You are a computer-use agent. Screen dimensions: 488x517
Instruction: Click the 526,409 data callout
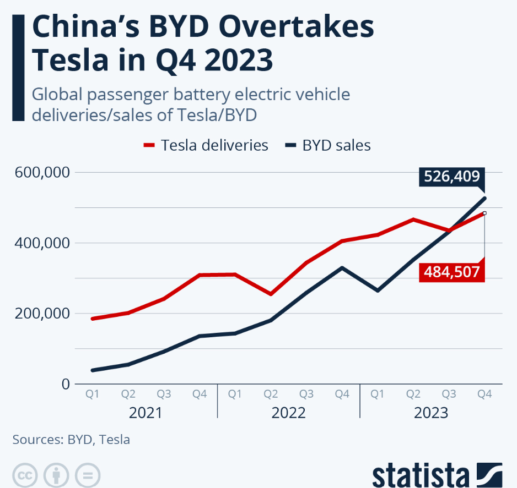tap(451, 177)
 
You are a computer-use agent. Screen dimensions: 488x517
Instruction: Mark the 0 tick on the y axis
tap(66, 383)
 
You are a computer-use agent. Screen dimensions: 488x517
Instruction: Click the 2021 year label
tap(146, 413)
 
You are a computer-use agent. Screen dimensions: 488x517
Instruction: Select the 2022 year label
tap(288, 413)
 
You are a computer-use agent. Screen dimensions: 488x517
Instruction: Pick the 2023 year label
tap(430, 413)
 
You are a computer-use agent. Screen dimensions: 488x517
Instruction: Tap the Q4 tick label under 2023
tap(484, 394)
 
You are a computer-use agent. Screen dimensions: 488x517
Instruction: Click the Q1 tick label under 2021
tap(93, 394)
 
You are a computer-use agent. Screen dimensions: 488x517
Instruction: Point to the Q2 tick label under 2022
tap(271, 394)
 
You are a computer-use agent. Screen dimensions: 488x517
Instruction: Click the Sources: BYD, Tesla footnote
tap(71, 440)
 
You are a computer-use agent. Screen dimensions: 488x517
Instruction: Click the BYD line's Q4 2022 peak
tap(342, 268)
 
